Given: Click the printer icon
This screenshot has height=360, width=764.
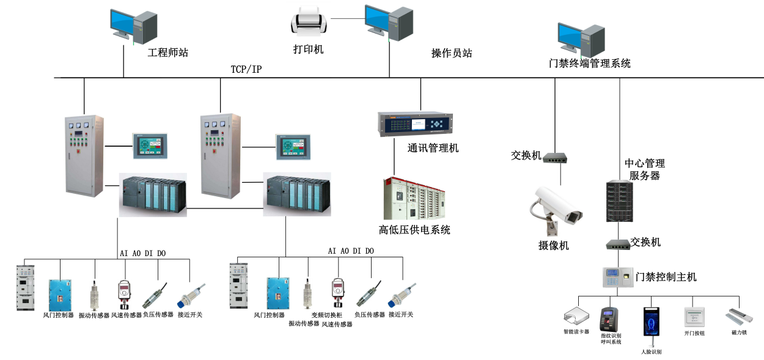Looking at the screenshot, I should tap(309, 23).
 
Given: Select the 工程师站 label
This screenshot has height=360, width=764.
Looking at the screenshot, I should tap(168, 53).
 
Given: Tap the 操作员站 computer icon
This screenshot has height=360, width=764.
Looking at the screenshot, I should tap(389, 23).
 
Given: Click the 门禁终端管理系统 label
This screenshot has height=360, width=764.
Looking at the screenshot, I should tap(590, 63).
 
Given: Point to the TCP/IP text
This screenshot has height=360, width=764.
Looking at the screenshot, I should tap(246, 69).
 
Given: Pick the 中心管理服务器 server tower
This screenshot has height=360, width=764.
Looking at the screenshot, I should tap(618, 200).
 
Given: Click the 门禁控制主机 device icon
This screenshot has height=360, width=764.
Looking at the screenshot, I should tap(617, 277).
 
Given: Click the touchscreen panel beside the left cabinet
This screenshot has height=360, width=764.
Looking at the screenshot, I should tap(149, 147).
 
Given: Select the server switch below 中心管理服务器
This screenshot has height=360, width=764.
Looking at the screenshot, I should tap(618, 244).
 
